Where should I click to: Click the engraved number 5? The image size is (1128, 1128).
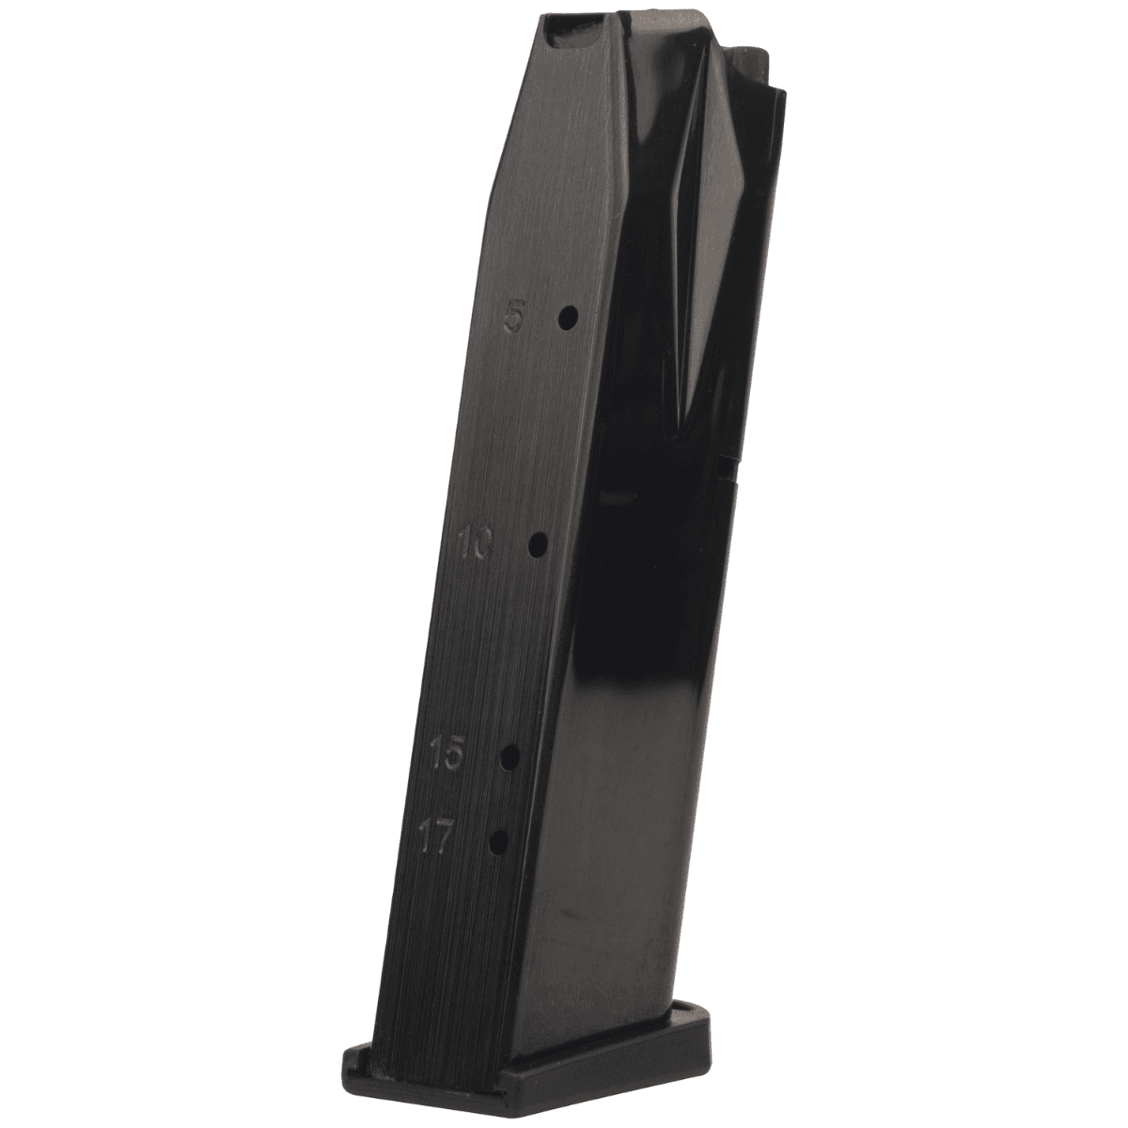click(x=513, y=320)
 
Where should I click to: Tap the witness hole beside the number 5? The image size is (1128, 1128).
click(x=568, y=318)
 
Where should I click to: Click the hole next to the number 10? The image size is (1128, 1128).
click(x=538, y=545)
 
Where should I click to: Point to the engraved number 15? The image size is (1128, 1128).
click(x=447, y=753)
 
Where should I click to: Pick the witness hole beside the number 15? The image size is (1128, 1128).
click(x=511, y=758)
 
